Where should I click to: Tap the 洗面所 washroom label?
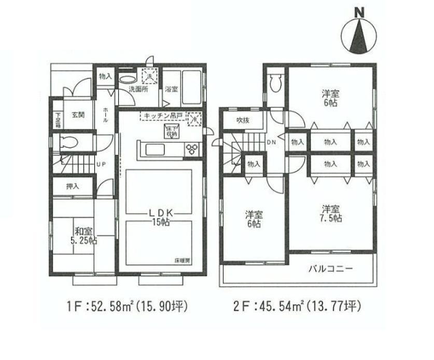138,89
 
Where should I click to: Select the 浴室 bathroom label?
171,89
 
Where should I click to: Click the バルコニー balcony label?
330,269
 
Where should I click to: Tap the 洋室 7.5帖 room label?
331,213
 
